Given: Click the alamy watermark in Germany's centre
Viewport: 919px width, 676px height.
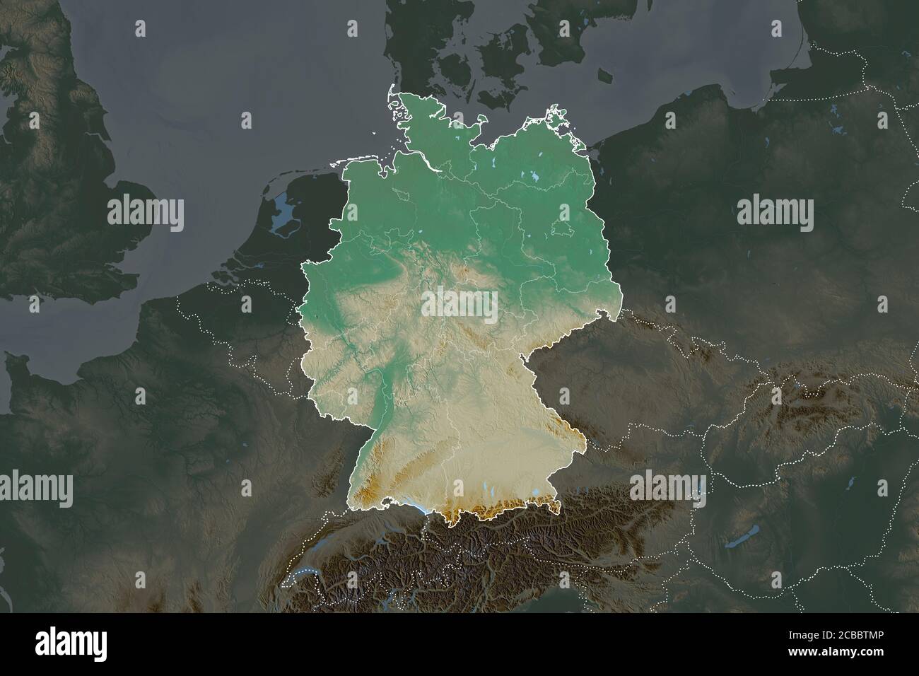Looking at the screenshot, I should [x=459, y=304].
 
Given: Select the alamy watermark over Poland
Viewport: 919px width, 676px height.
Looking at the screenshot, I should [x=775, y=212].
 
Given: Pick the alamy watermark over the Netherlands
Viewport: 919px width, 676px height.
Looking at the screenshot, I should [x=146, y=212].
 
